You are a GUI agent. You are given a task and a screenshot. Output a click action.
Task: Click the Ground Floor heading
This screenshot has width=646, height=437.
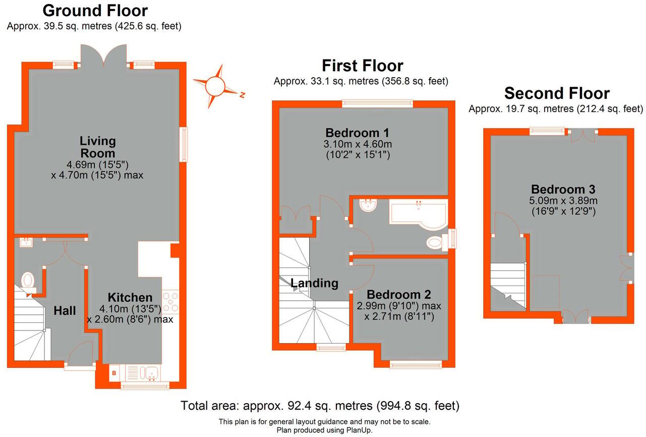click(95, 11)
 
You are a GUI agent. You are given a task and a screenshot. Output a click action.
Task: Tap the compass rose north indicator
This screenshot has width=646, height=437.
click(215, 86)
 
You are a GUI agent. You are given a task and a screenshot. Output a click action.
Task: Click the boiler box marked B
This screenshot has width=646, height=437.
click(113, 374)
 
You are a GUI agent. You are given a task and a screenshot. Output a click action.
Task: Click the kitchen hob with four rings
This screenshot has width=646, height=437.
click(170, 302)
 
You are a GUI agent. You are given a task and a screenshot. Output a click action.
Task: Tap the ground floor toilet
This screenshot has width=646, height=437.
click(28, 280)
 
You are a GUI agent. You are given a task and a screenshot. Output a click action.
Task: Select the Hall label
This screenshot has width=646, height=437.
click(65, 311)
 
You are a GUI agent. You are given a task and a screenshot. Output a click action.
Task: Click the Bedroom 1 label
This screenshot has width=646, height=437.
click(357, 133)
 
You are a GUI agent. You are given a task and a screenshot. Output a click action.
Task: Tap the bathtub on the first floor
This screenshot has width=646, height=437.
click(418, 211)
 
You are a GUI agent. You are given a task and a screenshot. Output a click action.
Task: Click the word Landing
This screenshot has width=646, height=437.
click(314, 283)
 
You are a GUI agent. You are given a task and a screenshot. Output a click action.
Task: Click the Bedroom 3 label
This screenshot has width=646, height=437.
click(563, 190)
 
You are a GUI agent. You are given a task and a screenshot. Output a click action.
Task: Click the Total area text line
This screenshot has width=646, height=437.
click(320, 405)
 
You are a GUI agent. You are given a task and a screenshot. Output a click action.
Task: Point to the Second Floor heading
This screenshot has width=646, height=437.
click(557, 93)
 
